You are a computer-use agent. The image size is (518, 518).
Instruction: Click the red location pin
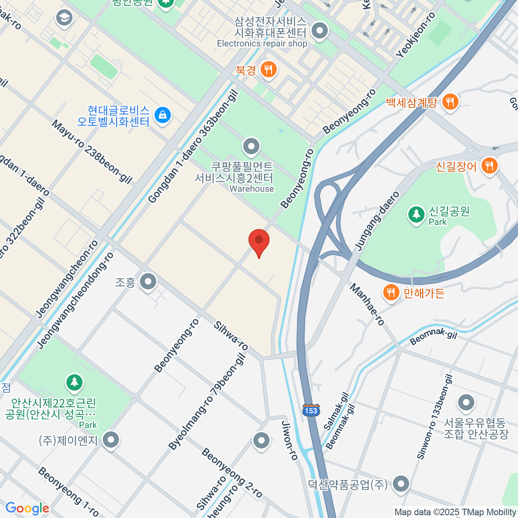click(x=259, y=242)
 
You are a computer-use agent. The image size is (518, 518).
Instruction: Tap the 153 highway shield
click(x=311, y=410)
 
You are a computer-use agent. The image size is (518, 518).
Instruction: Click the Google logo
click(x=27, y=508)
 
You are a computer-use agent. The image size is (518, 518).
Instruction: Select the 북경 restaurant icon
click(x=268, y=69)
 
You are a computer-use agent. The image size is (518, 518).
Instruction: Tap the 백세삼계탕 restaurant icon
click(x=450, y=102)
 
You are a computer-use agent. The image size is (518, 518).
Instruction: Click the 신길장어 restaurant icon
click(x=489, y=165)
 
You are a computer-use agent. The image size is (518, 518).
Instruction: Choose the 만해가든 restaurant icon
click(x=391, y=293)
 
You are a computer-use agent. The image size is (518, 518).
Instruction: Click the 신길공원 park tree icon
click(x=417, y=214)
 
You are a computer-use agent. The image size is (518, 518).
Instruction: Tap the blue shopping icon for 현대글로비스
click(x=162, y=115)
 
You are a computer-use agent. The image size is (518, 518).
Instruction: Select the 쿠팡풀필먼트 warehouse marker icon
click(x=251, y=147)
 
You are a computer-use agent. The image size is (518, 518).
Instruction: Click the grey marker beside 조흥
click(x=148, y=282)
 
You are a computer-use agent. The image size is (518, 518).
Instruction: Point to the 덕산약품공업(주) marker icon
click(x=401, y=484)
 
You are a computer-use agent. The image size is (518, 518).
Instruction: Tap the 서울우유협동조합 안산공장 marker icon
click(x=466, y=403)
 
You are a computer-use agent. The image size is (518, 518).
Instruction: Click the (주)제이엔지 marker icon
click(x=111, y=440)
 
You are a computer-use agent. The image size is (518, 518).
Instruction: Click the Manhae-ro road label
click(x=367, y=304)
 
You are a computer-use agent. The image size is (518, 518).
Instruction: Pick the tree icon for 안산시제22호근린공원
click(x=75, y=382)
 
